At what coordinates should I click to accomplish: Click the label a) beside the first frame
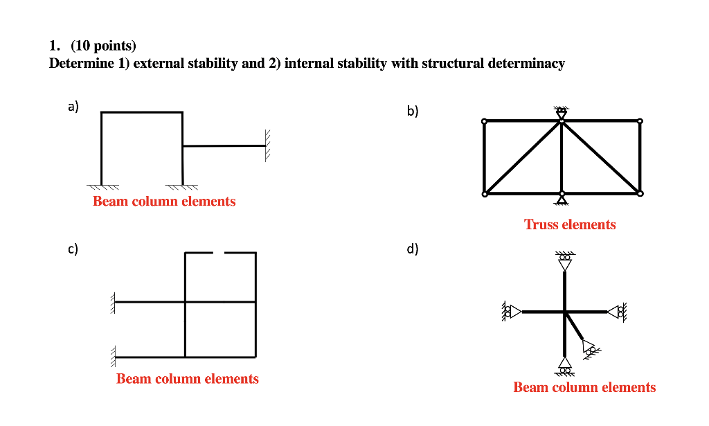[73, 107]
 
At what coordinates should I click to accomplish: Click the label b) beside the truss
[413, 111]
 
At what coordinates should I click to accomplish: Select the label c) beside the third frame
[73, 249]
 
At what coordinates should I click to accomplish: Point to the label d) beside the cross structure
[413, 249]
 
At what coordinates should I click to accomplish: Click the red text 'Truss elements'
[570, 224]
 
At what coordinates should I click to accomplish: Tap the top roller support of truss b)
[562, 112]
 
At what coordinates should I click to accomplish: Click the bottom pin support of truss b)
[562, 200]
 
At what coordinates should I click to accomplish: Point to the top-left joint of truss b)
[484, 121]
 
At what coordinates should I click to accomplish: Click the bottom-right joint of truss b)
[640, 193]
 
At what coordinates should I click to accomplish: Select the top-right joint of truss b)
[640, 121]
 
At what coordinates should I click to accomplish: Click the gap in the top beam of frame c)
[219, 254]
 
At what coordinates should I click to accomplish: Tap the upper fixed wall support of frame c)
[112, 302]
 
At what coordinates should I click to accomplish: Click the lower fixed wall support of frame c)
[112, 356]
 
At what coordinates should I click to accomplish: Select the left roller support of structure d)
[511, 312]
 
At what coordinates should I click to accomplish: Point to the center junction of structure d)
[565, 312]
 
